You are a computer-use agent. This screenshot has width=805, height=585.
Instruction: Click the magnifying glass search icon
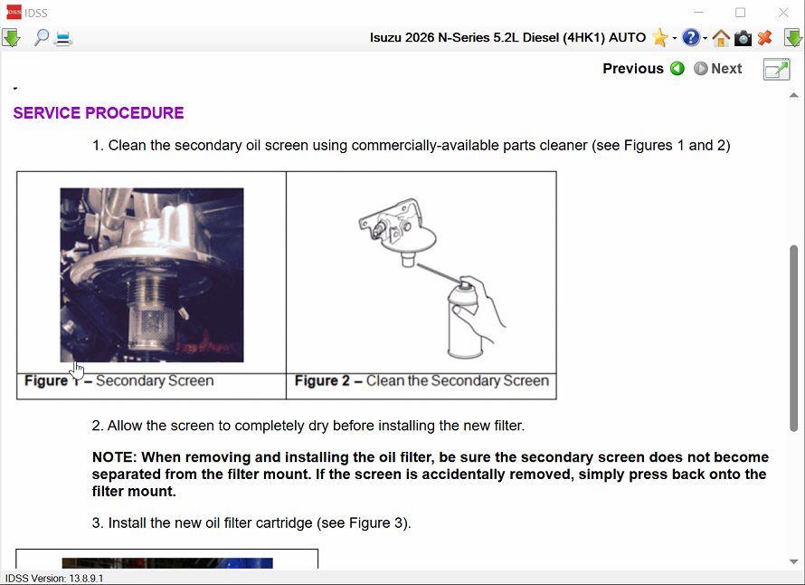coord(41,37)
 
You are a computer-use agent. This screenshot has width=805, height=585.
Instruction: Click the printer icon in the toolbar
coord(63,38)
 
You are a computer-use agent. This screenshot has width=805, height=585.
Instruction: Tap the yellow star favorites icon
coord(659,37)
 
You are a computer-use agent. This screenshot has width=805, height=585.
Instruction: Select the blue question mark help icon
coord(691,37)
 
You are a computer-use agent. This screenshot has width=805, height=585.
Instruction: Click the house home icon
coord(721,38)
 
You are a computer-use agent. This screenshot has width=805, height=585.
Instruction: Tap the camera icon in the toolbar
coord(743,38)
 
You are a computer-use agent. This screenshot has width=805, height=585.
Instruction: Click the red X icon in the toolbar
coord(764,37)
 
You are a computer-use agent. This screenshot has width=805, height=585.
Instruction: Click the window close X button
coord(783,13)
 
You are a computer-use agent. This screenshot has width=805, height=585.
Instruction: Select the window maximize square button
coord(740,13)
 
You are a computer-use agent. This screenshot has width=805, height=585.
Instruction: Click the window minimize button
coord(698,13)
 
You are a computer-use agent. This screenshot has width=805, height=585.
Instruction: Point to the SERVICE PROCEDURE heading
coord(99,113)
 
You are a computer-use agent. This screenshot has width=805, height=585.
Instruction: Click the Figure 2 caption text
coord(421,381)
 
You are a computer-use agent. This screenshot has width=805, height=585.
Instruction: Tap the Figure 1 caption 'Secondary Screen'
coord(155,381)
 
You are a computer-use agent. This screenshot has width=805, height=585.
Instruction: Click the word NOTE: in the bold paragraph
coord(114,457)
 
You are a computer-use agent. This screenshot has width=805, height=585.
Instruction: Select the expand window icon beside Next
coord(776,70)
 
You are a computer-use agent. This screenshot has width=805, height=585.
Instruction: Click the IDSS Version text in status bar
coord(54,579)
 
